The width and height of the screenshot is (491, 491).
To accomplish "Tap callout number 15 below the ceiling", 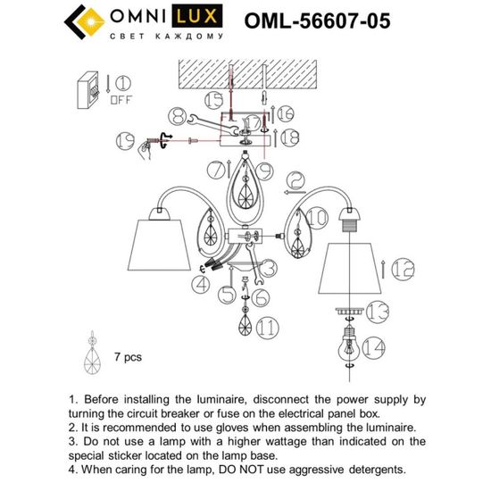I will pos(213,100).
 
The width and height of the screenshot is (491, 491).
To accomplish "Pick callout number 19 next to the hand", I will pos(124,140).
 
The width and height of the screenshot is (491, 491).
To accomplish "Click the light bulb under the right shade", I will pos(348,344).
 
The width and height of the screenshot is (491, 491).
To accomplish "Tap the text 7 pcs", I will pos(128,356).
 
